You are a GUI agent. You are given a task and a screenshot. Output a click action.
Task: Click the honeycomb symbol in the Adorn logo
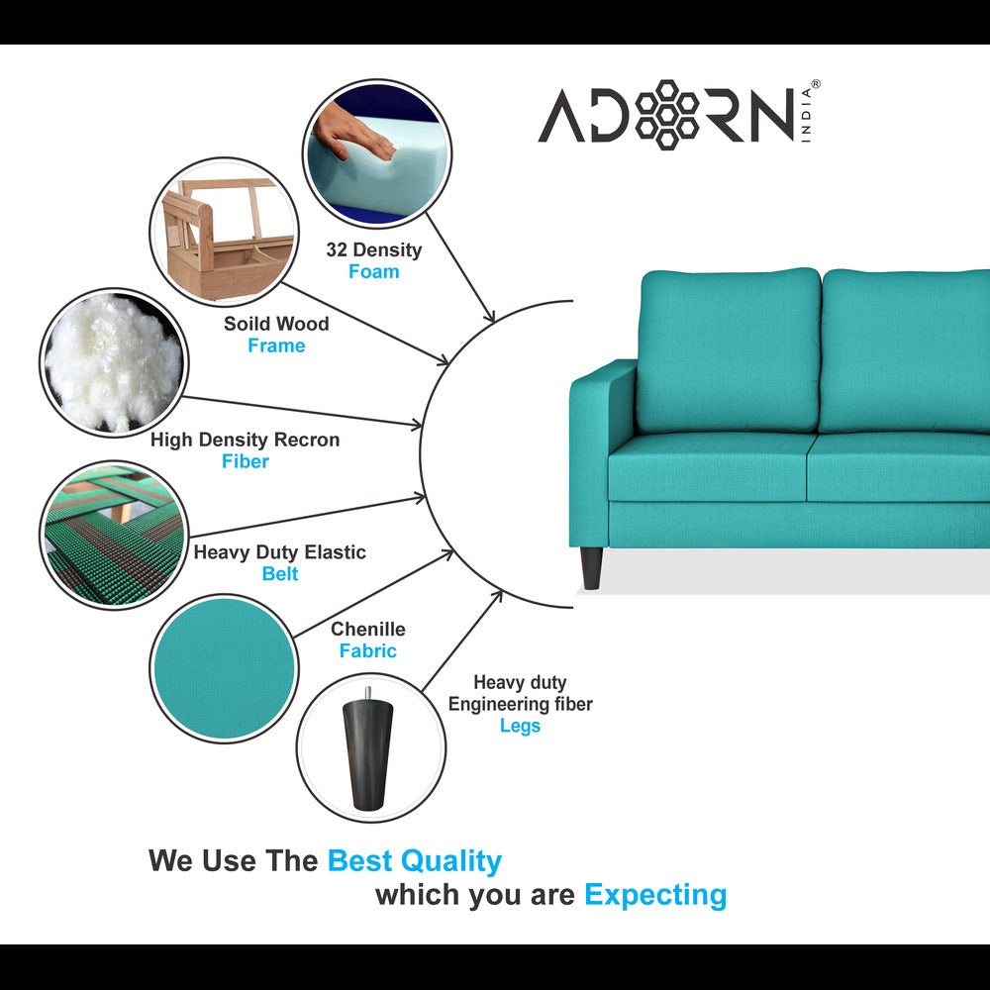[666, 115]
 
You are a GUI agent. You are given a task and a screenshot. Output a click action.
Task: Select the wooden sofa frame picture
[224, 232]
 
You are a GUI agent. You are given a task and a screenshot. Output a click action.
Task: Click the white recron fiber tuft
[114, 361]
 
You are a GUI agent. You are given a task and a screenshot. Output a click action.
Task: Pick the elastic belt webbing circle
[114, 535]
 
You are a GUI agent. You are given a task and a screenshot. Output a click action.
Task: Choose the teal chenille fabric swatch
[224, 668]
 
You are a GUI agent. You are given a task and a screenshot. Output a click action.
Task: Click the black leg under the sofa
[591, 568]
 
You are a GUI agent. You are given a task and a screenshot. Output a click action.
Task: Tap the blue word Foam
[374, 271]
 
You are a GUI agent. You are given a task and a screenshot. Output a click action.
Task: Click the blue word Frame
[276, 346]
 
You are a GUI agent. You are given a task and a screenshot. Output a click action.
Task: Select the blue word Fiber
[245, 461]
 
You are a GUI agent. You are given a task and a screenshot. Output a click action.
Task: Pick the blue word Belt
[280, 573]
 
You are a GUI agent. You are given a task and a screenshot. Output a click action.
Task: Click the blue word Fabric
[368, 650]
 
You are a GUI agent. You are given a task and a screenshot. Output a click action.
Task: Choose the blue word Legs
[521, 726]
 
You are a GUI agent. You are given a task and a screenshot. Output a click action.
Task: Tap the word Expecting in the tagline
[655, 895]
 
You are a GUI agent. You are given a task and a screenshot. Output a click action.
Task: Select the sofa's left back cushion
[729, 350]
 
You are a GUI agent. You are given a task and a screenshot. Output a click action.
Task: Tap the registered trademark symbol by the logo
[815, 84]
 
